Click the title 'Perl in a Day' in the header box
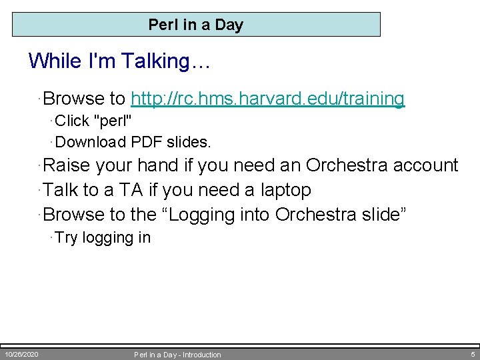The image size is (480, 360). coord(196,25)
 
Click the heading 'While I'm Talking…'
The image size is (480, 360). coord(119,61)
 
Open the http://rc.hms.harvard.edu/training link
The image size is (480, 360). coord(268,99)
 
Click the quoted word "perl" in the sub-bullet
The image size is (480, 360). coord(114,121)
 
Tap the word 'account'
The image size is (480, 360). coord(424,165)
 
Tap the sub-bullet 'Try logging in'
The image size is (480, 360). coord(103,238)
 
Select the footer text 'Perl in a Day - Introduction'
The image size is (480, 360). coord(177,355)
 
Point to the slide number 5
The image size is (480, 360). coord(472,354)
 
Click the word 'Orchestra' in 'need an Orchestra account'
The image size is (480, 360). coord(345,165)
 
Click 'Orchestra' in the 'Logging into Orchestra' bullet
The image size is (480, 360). coord(315,215)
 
